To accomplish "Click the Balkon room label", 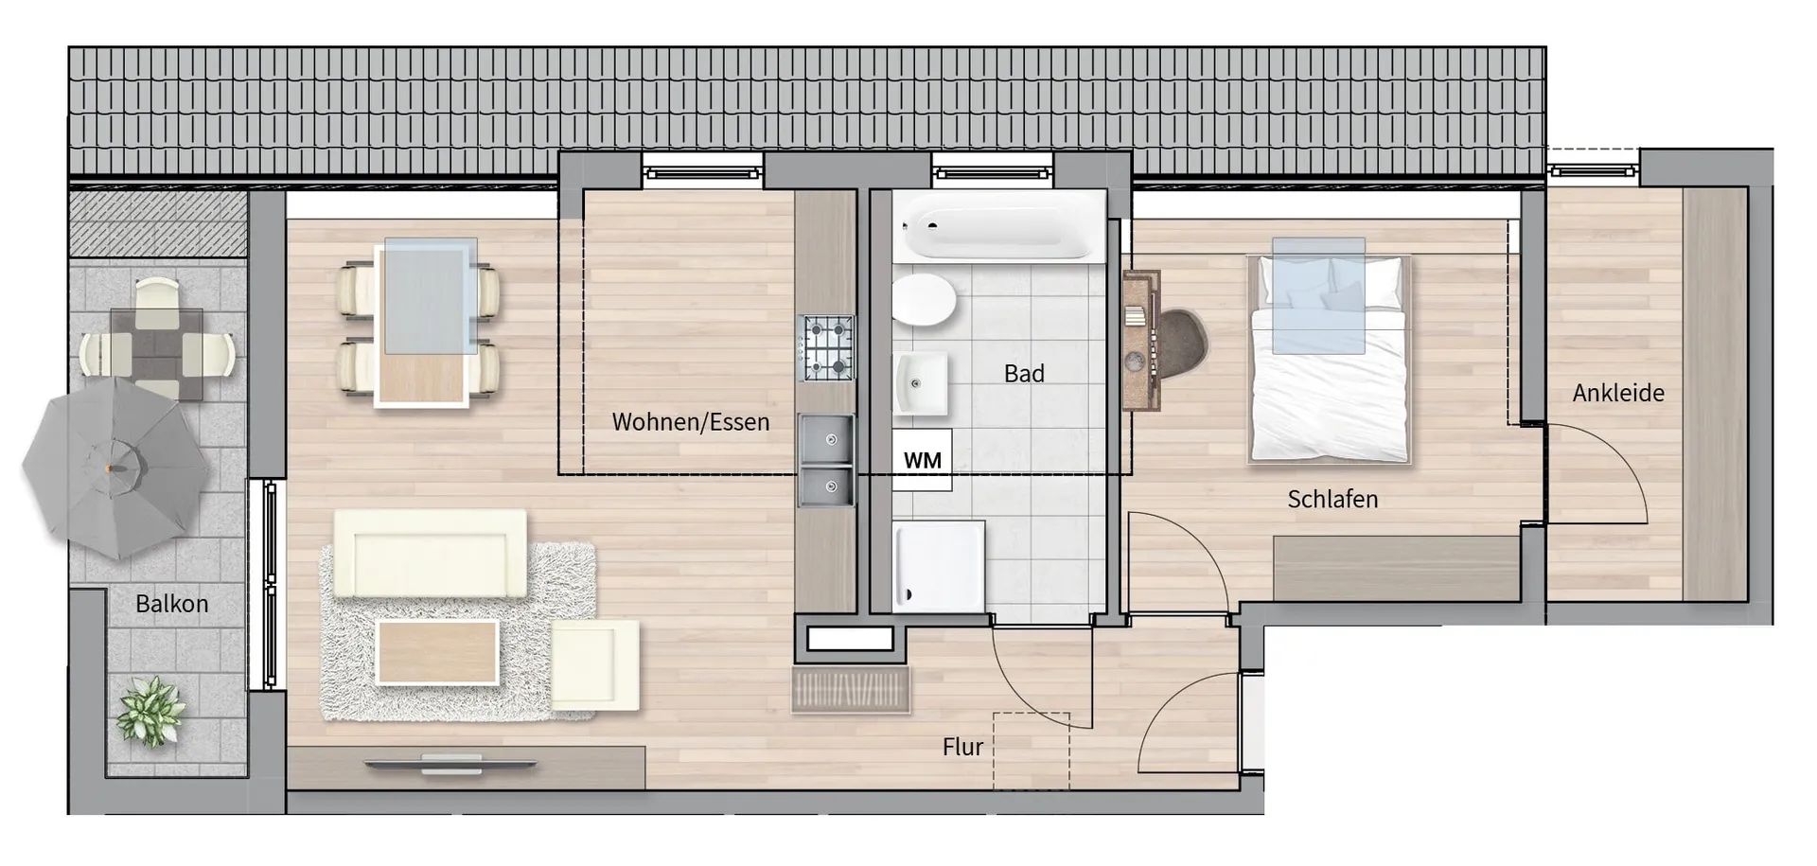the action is pyautogui.click(x=171, y=604).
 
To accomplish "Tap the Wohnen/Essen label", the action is pyautogui.click(x=691, y=422).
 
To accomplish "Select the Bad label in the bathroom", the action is pyautogui.click(x=1024, y=374).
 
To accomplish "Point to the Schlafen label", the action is pyautogui.click(x=1332, y=499).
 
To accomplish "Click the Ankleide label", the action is pyautogui.click(x=1618, y=393).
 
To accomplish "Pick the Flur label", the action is pyautogui.click(x=962, y=747).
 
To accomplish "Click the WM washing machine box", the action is pyautogui.click(x=922, y=460).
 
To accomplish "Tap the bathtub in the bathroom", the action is pyautogui.click(x=998, y=227).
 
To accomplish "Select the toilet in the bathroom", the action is pyautogui.click(x=924, y=301).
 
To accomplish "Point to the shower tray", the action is pyautogui.click(x=939, y=565).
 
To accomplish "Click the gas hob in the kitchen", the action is pyautogui.click(x=828, y=348).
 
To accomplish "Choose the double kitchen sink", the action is pyautogui.click(x=827, y=460).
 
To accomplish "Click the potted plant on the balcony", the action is pyautogui.click(x=149, y=712).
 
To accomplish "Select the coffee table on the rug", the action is pyautogui.click(x=437, y=651).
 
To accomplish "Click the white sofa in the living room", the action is pyautogui.click(x=430, y=555).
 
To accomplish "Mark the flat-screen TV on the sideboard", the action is pyautogui.click(x=452, y=762).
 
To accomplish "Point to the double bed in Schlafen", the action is pyautogui.click(x=1330, y=360).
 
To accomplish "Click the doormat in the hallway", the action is pyautogui.click(x=851, y=690).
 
